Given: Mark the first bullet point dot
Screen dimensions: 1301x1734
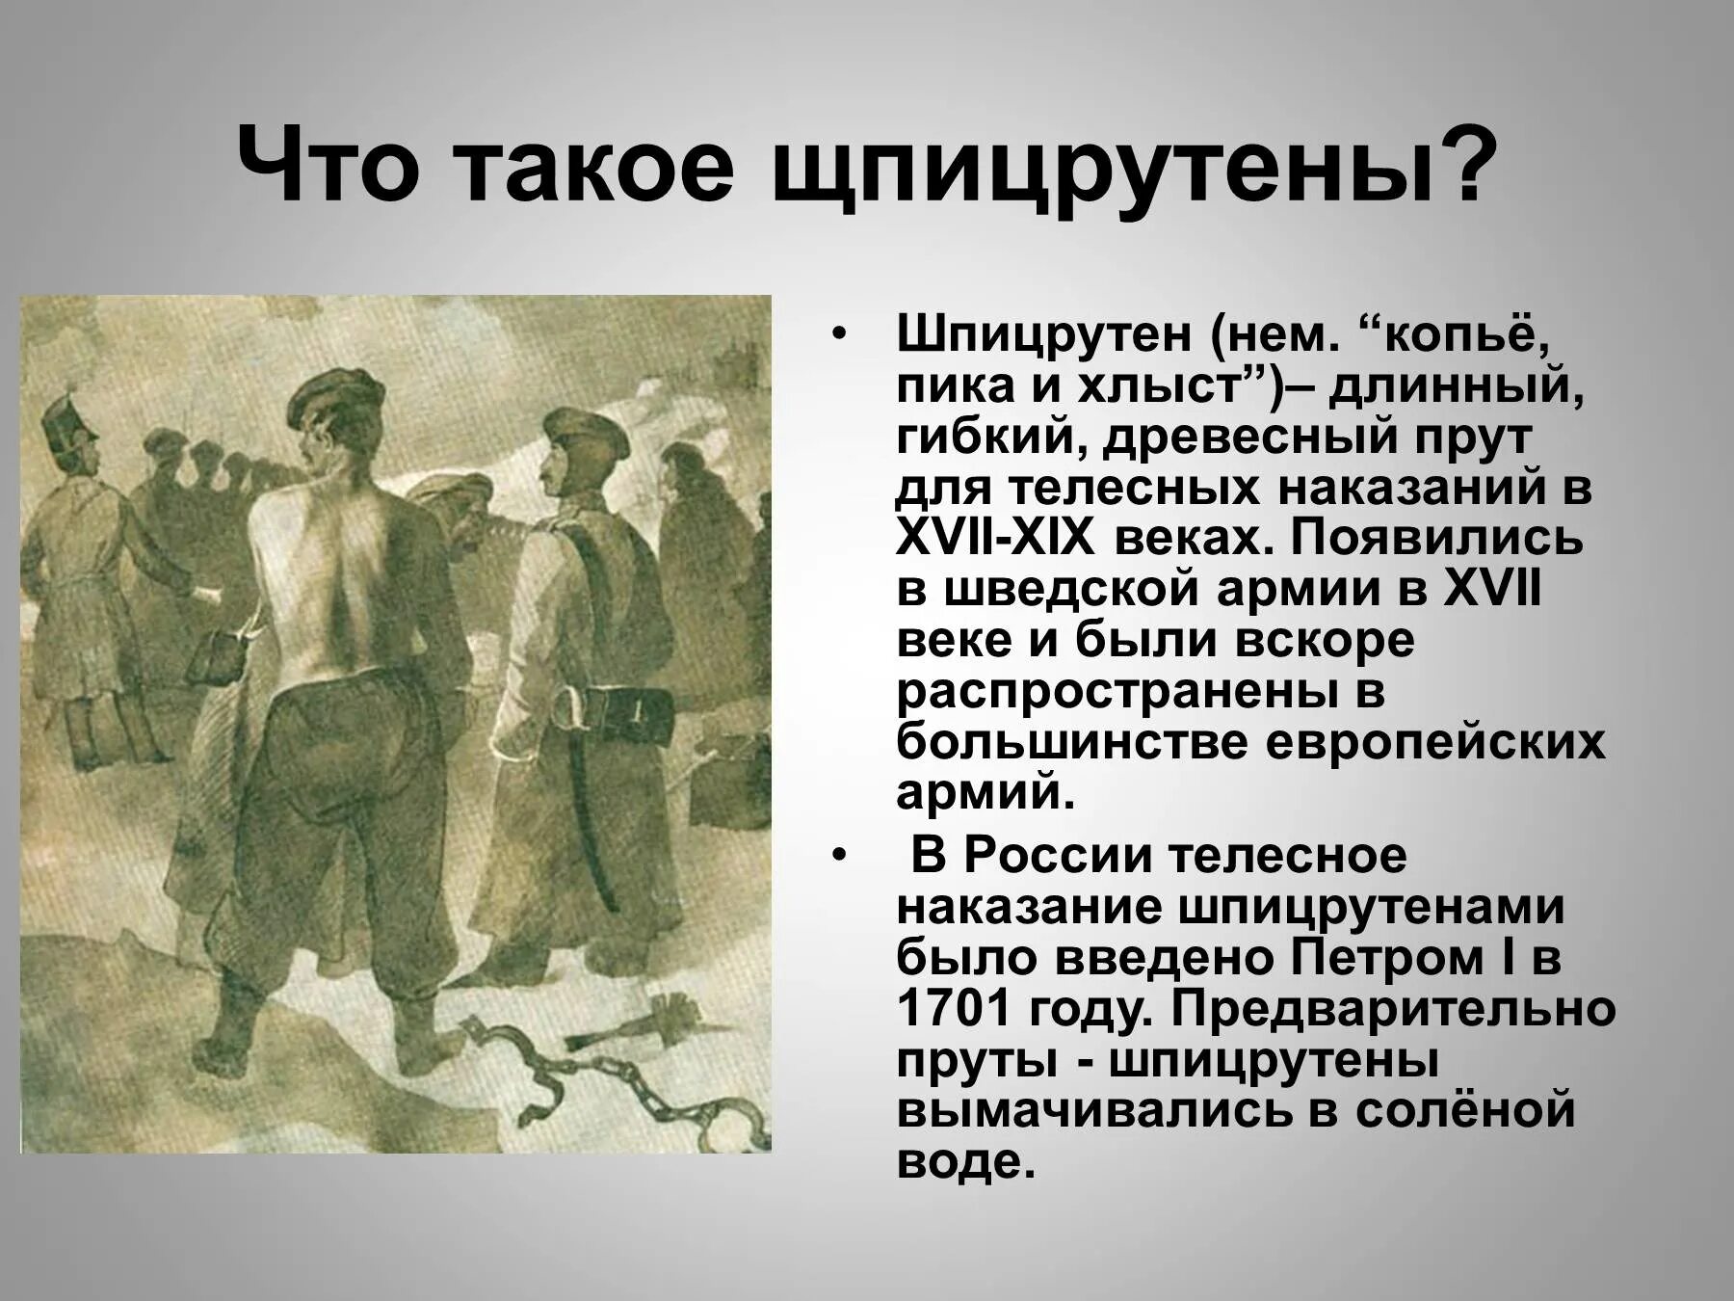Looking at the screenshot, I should tap(839, 334).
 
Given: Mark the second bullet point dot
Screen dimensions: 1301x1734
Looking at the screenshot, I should tap(839, 855).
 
